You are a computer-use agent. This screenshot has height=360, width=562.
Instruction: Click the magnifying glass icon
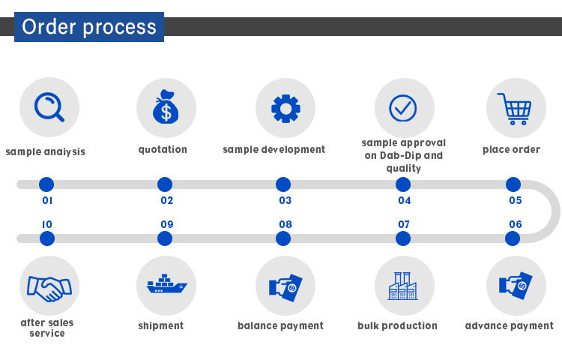pyautogui.click(x=49, y=107)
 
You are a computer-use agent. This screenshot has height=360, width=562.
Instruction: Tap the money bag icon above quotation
pyautogui.click(x=166, y=108)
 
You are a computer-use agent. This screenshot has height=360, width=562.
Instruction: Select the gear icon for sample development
pyautogui.click(x=285, y=108)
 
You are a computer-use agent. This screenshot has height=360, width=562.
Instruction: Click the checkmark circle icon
pyautogui.click(x=403, y=108)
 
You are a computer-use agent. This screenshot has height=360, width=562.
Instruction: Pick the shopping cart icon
pyautogui.click(x=516, y=109)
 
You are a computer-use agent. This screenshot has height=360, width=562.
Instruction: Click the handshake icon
pyautogui.click(x=49, y=286)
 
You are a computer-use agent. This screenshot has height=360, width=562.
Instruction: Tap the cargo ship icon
pyautogui.click(x=166, y=286)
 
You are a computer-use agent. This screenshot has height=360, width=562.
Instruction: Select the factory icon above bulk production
pyautogui.click(x=402, y=286)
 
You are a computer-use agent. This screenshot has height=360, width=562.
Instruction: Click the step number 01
pyautogui.click(x=47, y=201)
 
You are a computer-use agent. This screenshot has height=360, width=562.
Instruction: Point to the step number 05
pyautogui.click(x=515, y=201)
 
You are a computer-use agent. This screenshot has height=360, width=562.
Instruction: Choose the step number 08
pyautogui.click(x=285, y=224)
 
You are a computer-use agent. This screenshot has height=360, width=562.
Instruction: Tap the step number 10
pyautogui.click(x=47, y=224)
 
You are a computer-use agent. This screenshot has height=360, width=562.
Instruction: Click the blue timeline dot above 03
pyautogui.click(x=283, y=184)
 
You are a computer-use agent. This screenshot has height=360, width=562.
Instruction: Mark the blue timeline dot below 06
pyautogui.click(x=513, y=238)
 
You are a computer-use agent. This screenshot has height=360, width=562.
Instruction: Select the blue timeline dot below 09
pyautogui.click(x=165, y=238)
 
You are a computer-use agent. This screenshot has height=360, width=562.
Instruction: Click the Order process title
pyautogui.click(x=89, y=27)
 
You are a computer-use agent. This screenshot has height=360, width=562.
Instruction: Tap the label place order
pyautogui.click(x=511, y=149)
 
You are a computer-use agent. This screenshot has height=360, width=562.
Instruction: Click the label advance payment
pyautogui.click(x=509, y=325)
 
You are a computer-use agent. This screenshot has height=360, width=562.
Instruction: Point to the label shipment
pyautogui.click(x=160, y=325)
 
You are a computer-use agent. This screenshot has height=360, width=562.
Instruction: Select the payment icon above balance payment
pyautogui.click(x=285, y=286)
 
